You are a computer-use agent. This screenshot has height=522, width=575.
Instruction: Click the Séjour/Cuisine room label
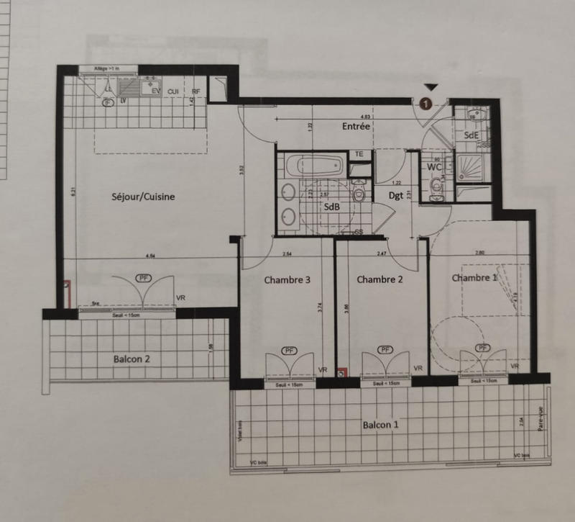(144, 197)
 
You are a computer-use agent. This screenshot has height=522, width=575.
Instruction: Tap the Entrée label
(356, 125)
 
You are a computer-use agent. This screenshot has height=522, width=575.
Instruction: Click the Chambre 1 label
(474, 277)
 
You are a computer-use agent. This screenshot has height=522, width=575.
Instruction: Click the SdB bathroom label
(331, 207)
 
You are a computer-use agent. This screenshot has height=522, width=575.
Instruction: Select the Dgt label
(396, 194)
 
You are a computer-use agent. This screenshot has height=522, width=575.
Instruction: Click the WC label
(434, 166)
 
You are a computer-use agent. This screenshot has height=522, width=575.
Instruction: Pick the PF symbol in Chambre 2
(386, 350)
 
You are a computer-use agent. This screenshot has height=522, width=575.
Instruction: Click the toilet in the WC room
(436, 188)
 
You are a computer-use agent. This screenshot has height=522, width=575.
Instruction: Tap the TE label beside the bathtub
(357, 154)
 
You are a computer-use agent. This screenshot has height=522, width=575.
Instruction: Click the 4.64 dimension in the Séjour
(150, 255)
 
